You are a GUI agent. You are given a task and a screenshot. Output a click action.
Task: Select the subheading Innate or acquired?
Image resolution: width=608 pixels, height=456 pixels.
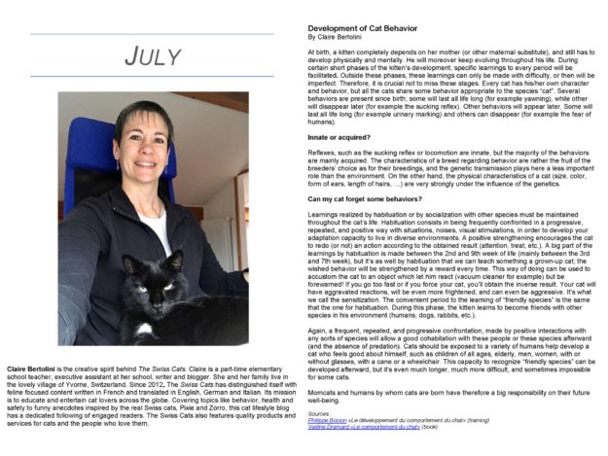pyautogui.click(x=342, y=138)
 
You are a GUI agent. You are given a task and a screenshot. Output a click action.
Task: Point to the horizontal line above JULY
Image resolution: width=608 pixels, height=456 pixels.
pyautogui.click(x=153, y=34)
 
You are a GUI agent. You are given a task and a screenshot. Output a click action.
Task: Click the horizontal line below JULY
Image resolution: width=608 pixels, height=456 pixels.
pyautogui.click(x=153, y=76)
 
